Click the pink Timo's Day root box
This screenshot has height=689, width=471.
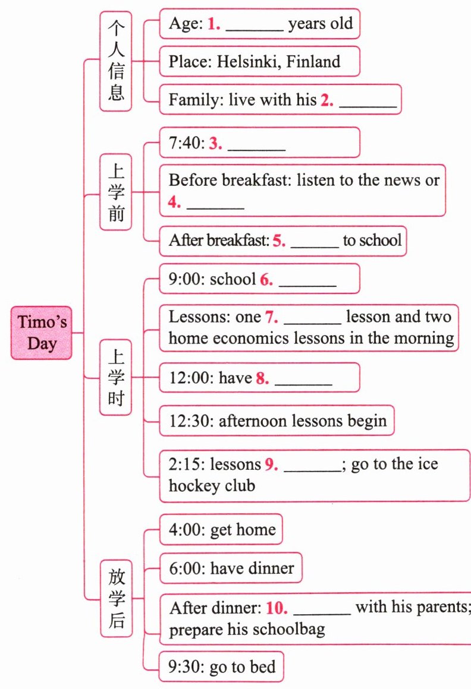click(41, 333)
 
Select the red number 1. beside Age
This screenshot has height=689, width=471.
click(214, 24)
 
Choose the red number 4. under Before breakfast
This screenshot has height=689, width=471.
click(174, 202)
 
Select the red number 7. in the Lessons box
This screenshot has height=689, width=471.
click(272, 317)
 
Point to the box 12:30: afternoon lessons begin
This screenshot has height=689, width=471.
click(277, 421)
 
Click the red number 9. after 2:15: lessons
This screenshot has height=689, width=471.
click(272, 464)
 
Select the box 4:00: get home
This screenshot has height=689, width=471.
click(221, 529)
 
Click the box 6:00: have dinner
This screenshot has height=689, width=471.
click(231, 568)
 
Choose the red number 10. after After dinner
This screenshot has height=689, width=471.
click(277, 608)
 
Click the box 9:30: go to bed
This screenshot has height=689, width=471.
click(221, 667)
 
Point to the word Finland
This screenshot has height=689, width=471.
click(313, 61)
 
